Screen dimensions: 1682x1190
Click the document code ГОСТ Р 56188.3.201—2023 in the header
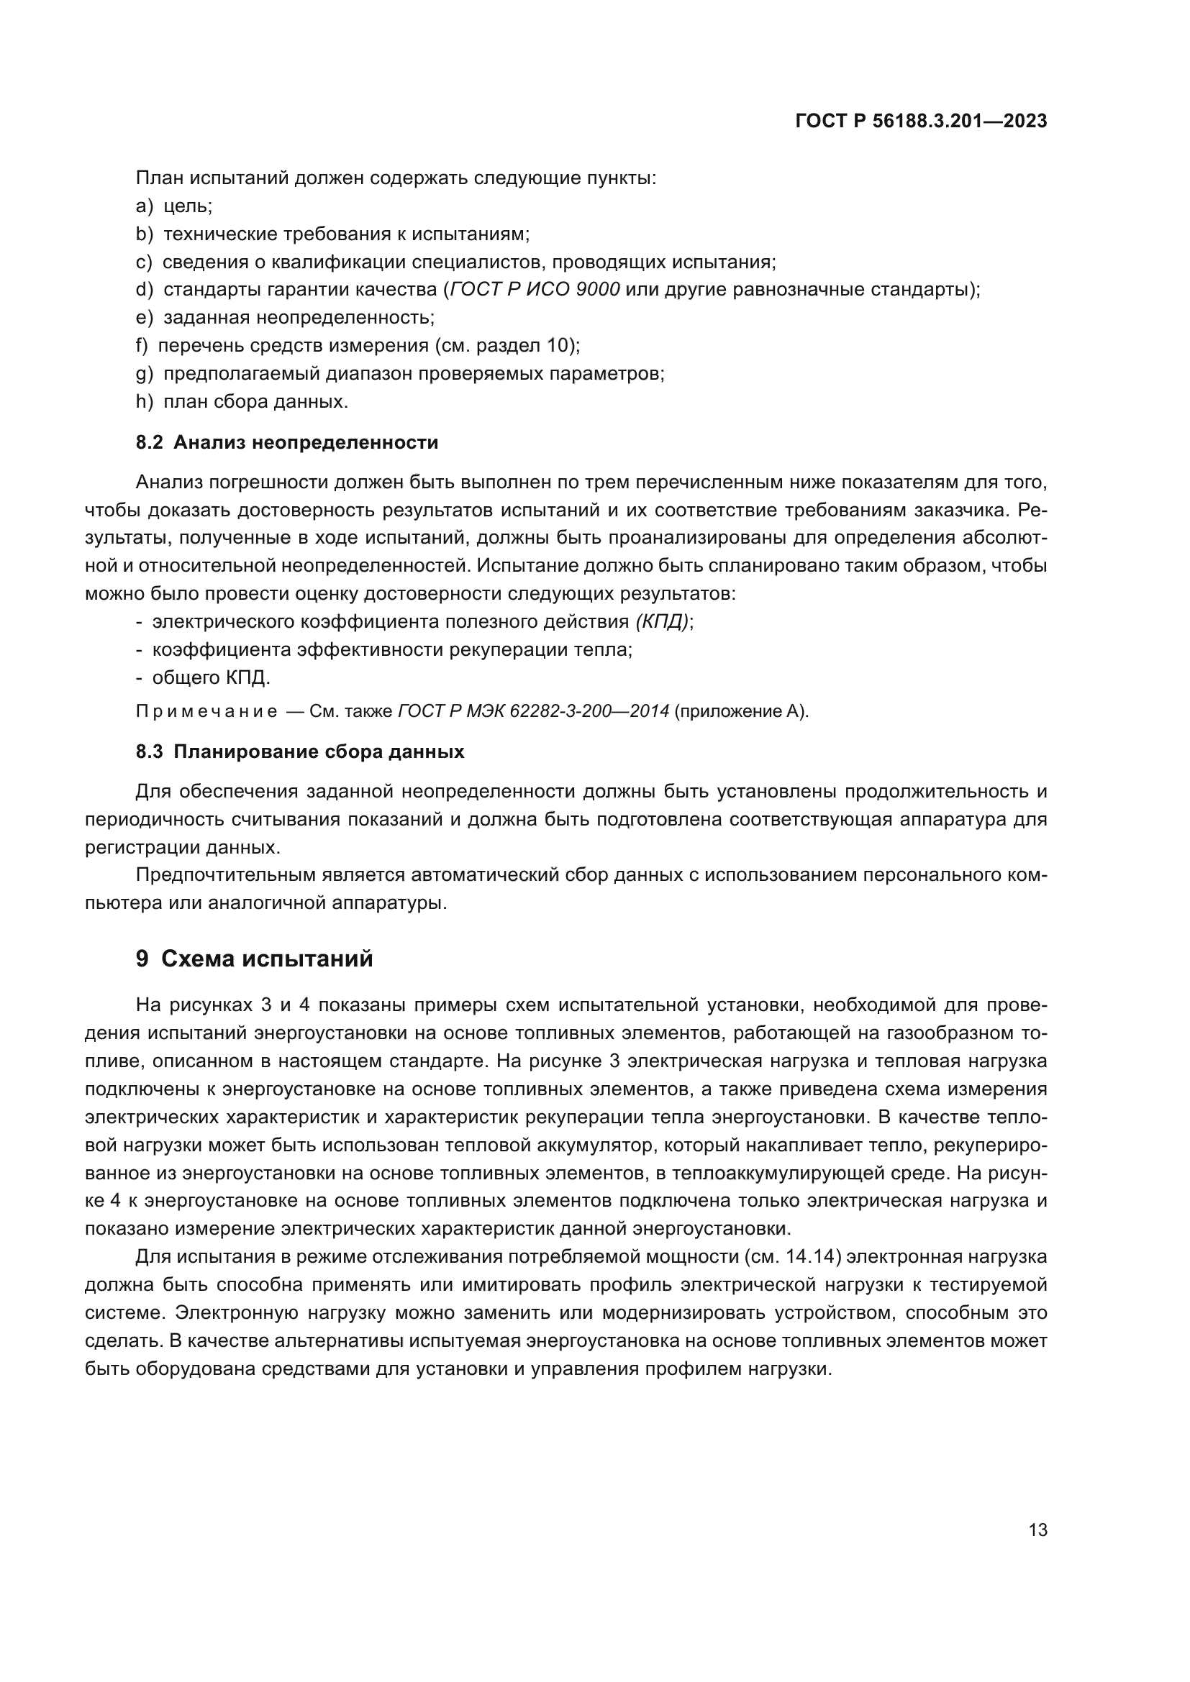[x=920, y=122]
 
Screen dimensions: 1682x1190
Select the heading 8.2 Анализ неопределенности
[x=286, y=442]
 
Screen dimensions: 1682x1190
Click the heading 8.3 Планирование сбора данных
[x=300, y=751]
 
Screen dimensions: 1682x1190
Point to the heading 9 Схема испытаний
[x=254, y=959]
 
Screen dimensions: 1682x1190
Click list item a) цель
[x=174, y=206]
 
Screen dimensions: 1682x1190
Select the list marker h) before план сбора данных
[x=145, y=401]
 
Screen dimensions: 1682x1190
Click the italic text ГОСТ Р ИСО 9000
[x=535, y=289]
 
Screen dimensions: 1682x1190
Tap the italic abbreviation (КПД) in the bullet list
[x=663, y=622]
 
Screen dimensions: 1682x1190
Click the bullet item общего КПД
[x=211, y=677]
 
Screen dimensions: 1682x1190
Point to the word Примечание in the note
[x=206, y=712]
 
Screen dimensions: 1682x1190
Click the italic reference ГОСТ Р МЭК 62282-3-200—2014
[x=532, y=712]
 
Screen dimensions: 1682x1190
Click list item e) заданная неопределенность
[x=286, y=318]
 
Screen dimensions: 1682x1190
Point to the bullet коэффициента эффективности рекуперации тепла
[x=392, y=650]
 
